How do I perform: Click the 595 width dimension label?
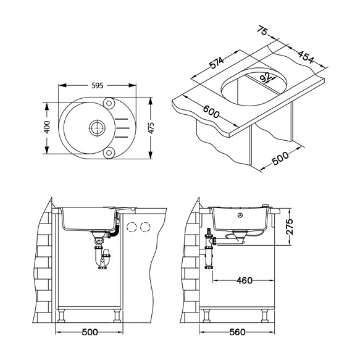tap(98, 85)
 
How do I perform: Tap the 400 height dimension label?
tap(46, 127)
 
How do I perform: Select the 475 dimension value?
tap(151, 128)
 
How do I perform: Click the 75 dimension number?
tap(262, 31)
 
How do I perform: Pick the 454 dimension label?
tap(306, 57)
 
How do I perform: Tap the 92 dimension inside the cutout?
tap(266, 77)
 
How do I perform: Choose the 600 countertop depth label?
tap(211, 112)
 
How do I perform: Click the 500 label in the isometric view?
tap(280, 158)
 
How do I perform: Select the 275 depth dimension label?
tap(290, 227)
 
